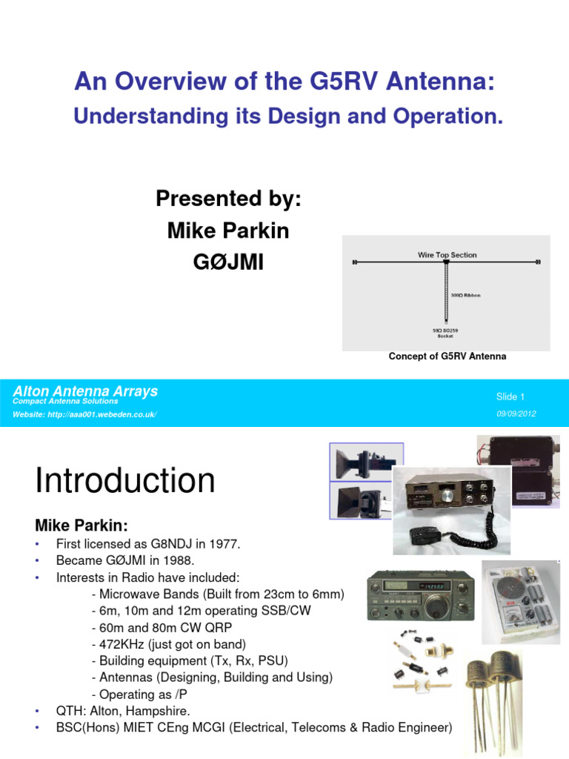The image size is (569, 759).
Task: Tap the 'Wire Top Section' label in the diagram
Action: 447,255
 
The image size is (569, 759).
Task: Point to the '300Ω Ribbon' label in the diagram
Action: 465,295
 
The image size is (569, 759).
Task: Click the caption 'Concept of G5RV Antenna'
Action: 447,357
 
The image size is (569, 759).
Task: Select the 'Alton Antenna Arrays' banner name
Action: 85,391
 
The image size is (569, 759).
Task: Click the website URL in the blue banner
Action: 85,414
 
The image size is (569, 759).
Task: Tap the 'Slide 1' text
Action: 510,397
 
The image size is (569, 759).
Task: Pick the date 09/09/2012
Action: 515,414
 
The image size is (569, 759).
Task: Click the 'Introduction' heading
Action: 125,481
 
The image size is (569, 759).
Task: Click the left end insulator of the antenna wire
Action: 356,262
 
